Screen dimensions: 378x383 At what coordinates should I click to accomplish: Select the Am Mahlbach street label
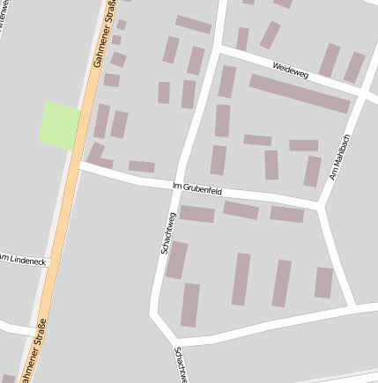pos(340,157)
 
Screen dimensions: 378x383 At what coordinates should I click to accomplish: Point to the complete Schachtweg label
pos(167,233)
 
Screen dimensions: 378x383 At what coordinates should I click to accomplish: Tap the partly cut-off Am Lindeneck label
pos(19,260)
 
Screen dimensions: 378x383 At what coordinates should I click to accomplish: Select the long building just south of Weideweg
pos(300,93)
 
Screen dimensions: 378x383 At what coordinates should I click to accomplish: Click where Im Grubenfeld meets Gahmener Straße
pos(79,164)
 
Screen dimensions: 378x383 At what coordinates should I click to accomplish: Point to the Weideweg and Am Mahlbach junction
pos(363,92)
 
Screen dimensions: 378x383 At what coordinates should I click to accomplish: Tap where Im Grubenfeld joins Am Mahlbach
pos(321,206)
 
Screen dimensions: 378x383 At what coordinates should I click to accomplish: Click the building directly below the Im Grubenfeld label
pos(197,214)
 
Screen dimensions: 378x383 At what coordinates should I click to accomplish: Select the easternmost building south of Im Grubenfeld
pos(324,283)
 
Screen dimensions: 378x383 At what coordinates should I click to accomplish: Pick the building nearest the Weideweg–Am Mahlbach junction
pos(353,67)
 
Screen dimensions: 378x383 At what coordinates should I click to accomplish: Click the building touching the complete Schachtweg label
pos(177,260)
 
